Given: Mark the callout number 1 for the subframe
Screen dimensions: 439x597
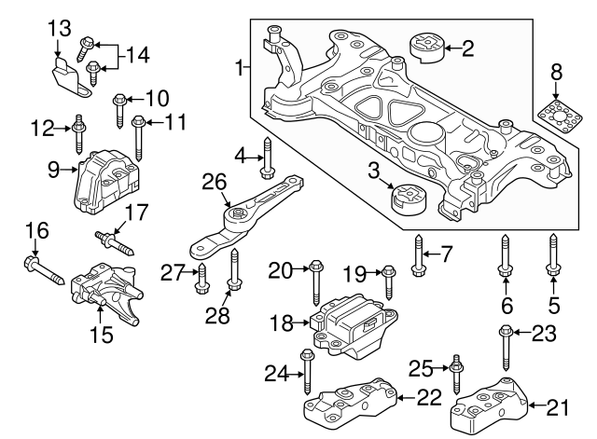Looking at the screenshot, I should (x=240, y=67).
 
